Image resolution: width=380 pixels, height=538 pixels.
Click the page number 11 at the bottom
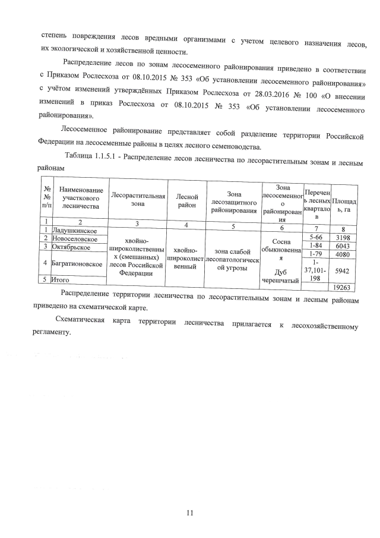coord(190,512)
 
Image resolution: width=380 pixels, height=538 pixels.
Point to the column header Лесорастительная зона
coord(134,199)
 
